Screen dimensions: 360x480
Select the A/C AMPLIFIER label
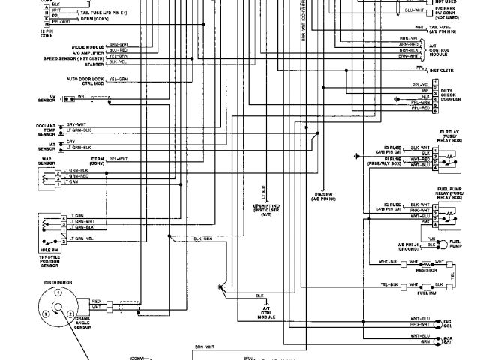click(88, 52)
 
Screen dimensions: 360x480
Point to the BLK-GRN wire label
click(202, 238)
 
